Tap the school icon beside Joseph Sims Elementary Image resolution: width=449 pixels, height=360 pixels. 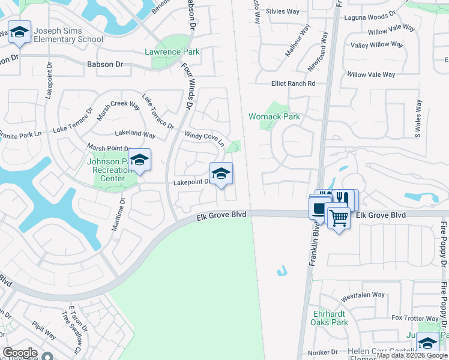pos(19,32)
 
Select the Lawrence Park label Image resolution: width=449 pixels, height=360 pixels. pos(172,52)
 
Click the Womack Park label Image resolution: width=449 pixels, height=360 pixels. pos(274,116)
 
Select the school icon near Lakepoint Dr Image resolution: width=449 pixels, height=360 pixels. pos(221,173)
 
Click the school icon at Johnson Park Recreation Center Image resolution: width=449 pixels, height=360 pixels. pos(139,160)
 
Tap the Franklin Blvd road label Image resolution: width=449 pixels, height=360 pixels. pos(313,246)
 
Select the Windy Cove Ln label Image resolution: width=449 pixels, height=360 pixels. pos(204,139)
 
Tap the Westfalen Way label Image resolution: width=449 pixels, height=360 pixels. pos(362,295)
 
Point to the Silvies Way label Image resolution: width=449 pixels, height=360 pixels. pos(282,11)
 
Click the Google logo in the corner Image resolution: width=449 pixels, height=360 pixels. pos(20,353)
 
